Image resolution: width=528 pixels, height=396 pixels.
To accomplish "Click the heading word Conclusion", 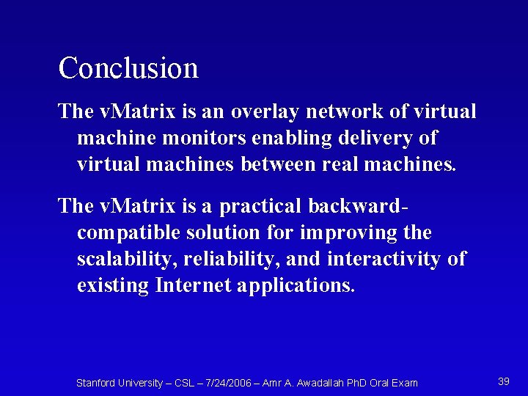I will coord(128,68).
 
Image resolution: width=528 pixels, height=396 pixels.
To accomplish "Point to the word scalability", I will coord(126,259).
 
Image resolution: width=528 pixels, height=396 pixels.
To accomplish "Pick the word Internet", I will coord(193,285).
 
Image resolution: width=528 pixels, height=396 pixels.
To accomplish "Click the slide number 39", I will coord(504,381).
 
